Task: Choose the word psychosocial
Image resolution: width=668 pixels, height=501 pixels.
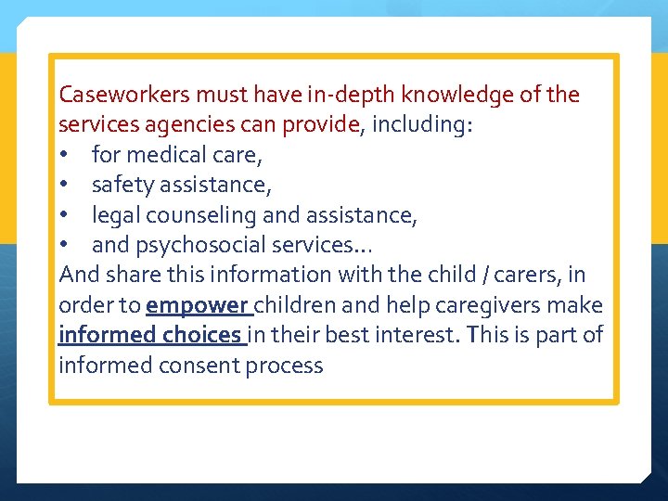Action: pos(199,245)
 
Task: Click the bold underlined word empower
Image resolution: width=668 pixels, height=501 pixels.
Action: pos(197,305)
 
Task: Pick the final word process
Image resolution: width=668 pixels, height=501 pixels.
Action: pos(285,366)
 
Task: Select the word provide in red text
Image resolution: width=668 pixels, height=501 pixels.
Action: pos(327,124)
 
